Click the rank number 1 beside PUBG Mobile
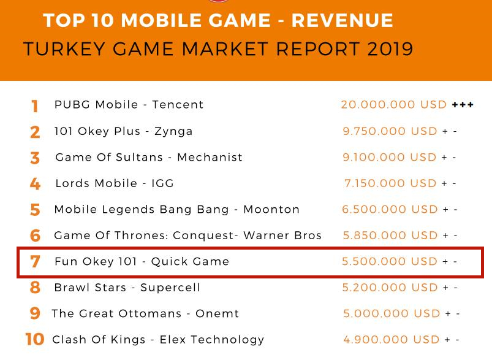(x=35, y=106)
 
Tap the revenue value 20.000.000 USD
(x=394, y=105)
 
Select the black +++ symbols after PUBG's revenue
(x=463, y=105)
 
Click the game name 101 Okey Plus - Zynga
(x=123, y=131)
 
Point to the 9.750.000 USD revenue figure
(x=390, y=131)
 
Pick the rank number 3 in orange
(x=35, y=158)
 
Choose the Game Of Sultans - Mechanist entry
(x=149, y=158)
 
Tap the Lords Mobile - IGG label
(x=115, y=183)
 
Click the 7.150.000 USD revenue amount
(x=390, y=183)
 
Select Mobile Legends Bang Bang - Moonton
(x=177, y=210)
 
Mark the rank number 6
(x=35, y=236)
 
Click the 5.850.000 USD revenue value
(x=390, y=236)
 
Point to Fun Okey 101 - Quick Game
(x=142, y=261)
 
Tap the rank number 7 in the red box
(x=35, y=262)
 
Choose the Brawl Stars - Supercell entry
(x=127, y=288)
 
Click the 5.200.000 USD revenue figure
(x=390, y=288)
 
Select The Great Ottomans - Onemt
(x=145, y=313)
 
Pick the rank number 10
(x=35, y=339)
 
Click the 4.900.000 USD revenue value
(x=392, y=339)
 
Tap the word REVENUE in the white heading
(x=342, y=20)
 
